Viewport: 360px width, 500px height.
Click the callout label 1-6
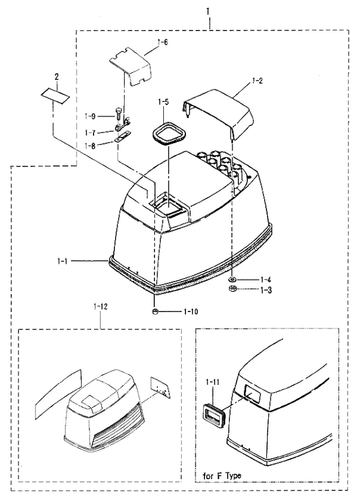pyautogui.click(x=163, y=42)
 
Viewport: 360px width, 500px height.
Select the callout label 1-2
pyautogui.click(x=257, y=80)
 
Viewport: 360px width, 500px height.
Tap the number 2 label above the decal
pyautogui.click(x=57, y=77)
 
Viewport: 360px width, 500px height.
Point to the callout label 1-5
pyautogui.click(x=163, y=102)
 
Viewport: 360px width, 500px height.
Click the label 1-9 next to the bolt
pyautogui.click(x=90, y=116)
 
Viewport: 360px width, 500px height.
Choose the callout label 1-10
pyautogui.click(x=190, y=311)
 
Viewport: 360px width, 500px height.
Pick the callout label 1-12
pyautogui.click(x=101, y=307)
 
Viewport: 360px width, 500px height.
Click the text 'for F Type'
pyautogui.click(x=222, y=476)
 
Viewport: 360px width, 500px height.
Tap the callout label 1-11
pyautogui.click(x=213, y=382)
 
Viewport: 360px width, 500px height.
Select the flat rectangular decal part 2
pyautogui.click(x=55, y=96)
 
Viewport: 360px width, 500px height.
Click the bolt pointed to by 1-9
pyautogui.click(x=116, y=113)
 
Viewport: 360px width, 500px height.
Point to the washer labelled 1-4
pyautogui.click(x=232, y=280)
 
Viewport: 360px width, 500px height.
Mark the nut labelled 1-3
pyautogui.click(x=232, y=289)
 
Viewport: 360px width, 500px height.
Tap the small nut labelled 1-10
pyautogui.click(x=154, y=311)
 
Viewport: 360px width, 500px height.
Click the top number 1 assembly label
pyautogui.click(x=208, y=12)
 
